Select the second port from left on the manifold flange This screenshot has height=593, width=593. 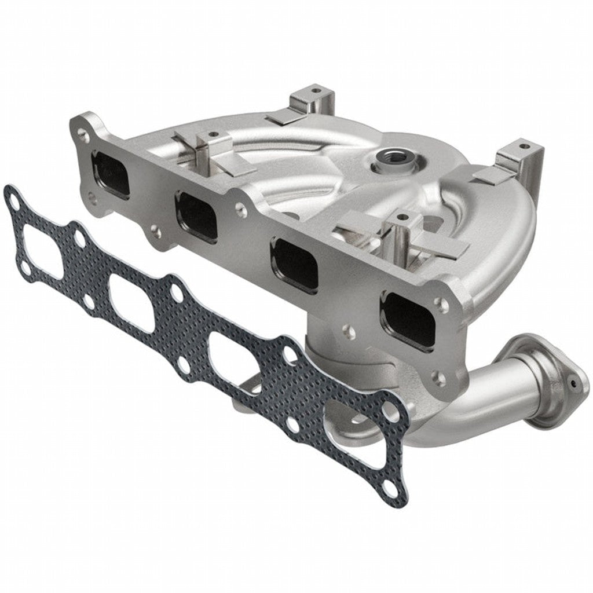(197, 217)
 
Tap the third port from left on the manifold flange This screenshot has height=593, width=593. (295, 265)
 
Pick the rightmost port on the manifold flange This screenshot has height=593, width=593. (408, 321)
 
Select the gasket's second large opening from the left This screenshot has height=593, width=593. (131, 302)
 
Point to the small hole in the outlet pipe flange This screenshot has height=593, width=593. (573, 383)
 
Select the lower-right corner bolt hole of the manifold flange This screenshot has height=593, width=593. (441, 379)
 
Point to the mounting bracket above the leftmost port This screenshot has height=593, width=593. (207, 149)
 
